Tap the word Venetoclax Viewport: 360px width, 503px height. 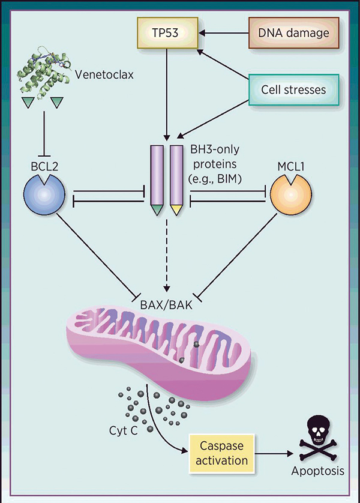tap(105, 75)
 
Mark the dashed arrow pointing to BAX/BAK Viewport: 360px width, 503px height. tap(166, 252)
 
